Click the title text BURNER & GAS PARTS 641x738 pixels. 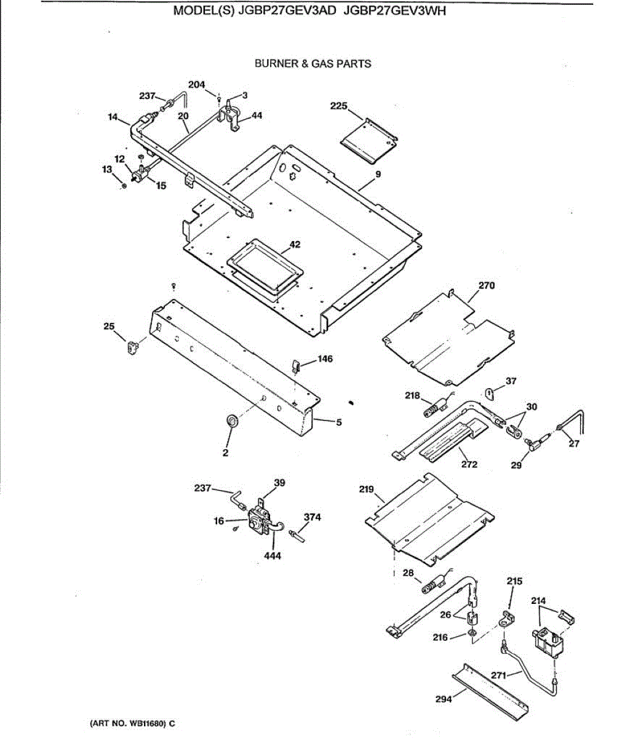pyautogui.click(x=313, y=63)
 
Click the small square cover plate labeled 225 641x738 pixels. pyautogui.click(x=369, y=141)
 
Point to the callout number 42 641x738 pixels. pyautogui.click(x=295, y=245)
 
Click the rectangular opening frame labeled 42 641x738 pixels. pyautogui.click(x=265, y=268)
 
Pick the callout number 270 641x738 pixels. pyautogui.click(x=486, y=285)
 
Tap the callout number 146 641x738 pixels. pyautogui.click(x=325, y=359)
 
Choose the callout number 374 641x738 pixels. pyautogui.click(x=313, y=517)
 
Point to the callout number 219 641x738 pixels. pyautogui.click(x=366, y=490)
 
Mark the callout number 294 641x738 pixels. pyautogui.click(x=443, y=699)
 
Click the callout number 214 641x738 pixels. pyautogui.click(x=538, y=601)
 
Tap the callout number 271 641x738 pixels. pyautogui.click(x=499, y=676)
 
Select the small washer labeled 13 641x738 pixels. pyautogui.click(x=124, y=184)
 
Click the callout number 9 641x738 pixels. pyautogui.click(x=378, y=175)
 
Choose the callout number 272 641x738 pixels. pyautogui.click(x=469, y=464)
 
